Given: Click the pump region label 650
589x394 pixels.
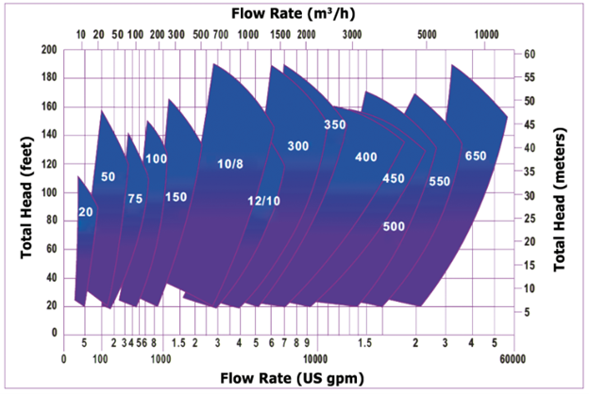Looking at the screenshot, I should (476, 156).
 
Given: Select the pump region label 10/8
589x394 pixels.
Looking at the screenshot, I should (230, 164).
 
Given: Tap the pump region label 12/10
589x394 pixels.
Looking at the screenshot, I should (264, 201).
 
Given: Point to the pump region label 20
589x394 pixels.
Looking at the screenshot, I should (86, 212).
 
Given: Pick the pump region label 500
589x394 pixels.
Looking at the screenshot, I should (394, 226).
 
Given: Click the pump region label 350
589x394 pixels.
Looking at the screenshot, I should (335, 124).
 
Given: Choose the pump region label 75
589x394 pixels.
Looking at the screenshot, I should (135, 199).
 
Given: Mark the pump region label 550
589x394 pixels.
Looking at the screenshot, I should (440, 181).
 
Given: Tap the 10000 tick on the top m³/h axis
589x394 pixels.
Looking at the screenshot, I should (486, 32).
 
